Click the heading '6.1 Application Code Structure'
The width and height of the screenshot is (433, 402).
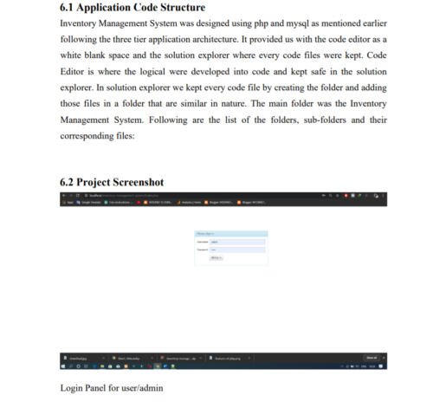[132, 8]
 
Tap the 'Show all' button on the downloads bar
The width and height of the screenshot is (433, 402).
[371, 357]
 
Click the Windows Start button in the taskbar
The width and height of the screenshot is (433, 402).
[64, 366]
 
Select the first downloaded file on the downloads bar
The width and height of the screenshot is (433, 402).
[80, 357]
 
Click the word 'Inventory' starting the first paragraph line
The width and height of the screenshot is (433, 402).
[80, 24]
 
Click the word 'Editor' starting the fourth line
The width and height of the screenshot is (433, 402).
[74, 72]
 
